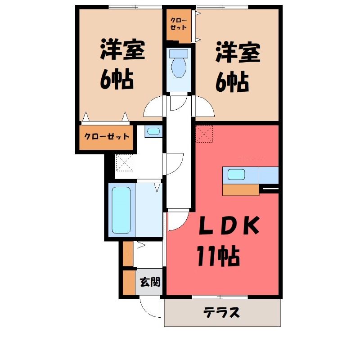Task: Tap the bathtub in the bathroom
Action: pyautogui.click(x=121, y=210)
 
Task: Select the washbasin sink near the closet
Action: pyautogui.click(x=153, y=131)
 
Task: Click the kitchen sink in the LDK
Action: pyautogui.click(x=236, y=175)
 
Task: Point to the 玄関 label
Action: pyautogui.click(x=150, y=282)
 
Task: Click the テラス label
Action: pyautogui.click(x=222, y=312)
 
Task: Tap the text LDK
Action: pyautogui.click(x=229, y=225)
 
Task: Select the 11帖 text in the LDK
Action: pyautogui.click(x=218, y=256)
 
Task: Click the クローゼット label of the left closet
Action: pyautogui.click(x=107, y=137)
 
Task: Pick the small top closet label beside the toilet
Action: pyautogui.click(x=178, y=24)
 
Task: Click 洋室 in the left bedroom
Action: pyautogui.click(x=122, y=50)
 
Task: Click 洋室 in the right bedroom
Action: pyautogui.click(x=238, y=52)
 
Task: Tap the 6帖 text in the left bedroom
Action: pyautogui.click(x=117, y=79)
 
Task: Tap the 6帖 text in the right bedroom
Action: pyautogui.click(x=232, y=81)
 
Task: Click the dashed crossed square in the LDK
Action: pyautogui.click(x=204, y=134)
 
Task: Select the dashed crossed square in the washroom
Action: pyautogui.click(x=125, y=162)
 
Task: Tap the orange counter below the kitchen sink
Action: pyautogui.click(x=241, y=190)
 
